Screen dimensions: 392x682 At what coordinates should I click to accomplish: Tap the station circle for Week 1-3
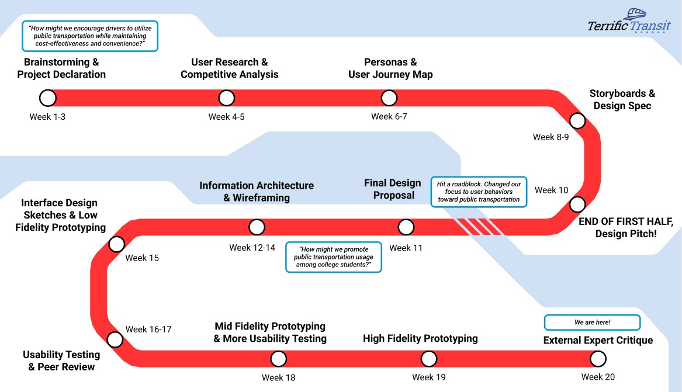click(48, 98)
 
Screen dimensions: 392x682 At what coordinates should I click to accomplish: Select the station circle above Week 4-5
click(226, 98)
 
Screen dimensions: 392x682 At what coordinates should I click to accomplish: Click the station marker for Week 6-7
click(389, 98)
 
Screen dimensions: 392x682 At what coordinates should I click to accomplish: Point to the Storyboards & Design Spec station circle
click(577, 121)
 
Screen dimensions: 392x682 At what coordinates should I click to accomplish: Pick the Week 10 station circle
click(577, 204)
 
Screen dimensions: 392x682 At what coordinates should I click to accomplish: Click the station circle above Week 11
click(406, 227)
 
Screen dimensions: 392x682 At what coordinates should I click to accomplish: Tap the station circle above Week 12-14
click(257, 227)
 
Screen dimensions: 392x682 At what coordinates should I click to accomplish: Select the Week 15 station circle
click(117, 244)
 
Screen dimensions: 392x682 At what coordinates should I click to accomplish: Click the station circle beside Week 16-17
click(115, 339)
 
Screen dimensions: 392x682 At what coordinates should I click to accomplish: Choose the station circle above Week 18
click(279, 359)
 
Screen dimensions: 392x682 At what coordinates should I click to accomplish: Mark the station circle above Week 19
click(429, 359)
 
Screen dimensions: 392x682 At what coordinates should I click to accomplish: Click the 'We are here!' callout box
click(592, 322)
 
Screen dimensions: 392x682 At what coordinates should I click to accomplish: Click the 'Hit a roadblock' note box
click(479, 192)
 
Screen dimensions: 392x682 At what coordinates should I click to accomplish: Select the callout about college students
click(333, 257)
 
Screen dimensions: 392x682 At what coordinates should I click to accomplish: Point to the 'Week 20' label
click(598, 377)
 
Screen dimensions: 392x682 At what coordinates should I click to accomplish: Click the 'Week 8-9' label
click(551, 137)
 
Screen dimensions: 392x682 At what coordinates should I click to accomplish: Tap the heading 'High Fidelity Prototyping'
click(420, 339)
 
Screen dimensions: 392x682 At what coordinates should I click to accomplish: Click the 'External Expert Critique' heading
click(598, 341)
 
